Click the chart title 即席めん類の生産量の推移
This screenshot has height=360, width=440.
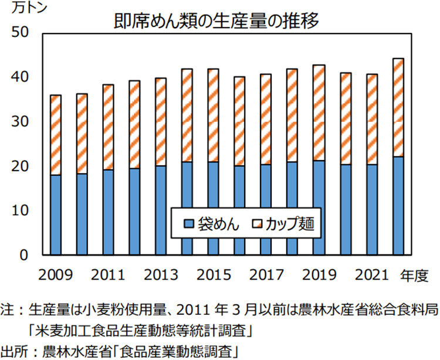pos(217,22)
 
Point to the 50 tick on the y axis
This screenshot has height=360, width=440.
pos(20,33)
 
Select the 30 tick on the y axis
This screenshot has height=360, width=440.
pos(20,122)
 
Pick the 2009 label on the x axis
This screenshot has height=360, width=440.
pos(56,274)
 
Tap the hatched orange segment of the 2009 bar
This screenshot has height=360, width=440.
pos(56,135)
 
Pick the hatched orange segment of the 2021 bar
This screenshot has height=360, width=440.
pos(373,120)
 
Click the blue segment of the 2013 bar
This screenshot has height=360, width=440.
pos(160,210)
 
